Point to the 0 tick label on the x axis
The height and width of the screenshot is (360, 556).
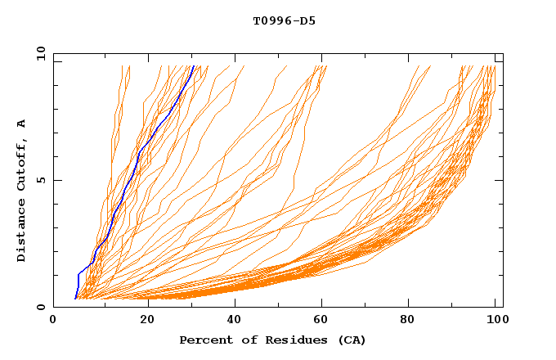(53, 321)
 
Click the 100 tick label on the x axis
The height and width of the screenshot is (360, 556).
(495, 321)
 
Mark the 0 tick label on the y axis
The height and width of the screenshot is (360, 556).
(40, 307)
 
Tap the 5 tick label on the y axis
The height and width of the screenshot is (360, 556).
(40, 180)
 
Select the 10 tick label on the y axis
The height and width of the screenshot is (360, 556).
(40, 53)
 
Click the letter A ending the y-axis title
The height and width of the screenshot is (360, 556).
(21, 123)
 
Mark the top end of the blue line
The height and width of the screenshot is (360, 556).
(194, 66)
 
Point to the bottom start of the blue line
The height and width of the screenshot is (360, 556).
(75, 298)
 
